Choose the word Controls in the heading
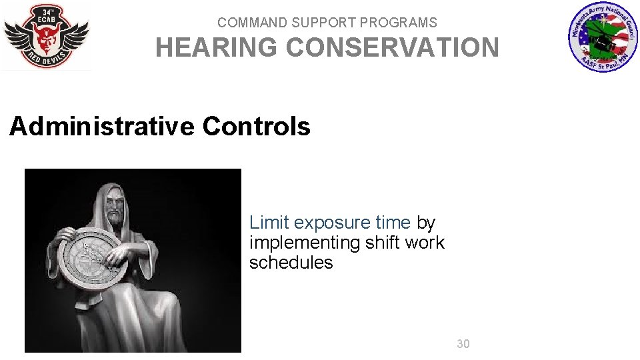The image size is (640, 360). [257, 126]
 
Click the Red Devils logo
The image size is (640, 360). [46, 36]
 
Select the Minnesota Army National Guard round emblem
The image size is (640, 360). [603, 37]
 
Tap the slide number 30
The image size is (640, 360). [463, 344]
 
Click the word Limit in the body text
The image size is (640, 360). [269, 222]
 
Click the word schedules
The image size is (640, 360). [291, 263]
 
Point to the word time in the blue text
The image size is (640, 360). [393, 222]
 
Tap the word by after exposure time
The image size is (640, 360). [426, 223]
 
